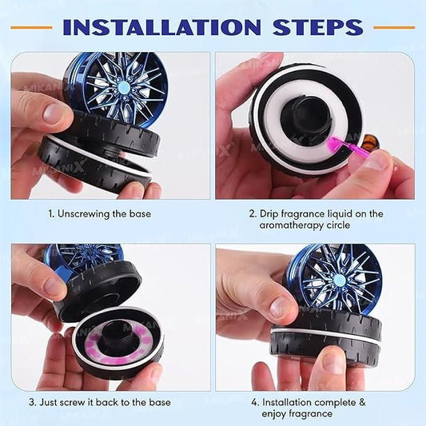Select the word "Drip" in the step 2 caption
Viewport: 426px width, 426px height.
coord(273,214)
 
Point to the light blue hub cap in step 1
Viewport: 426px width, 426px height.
coord(125,87)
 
